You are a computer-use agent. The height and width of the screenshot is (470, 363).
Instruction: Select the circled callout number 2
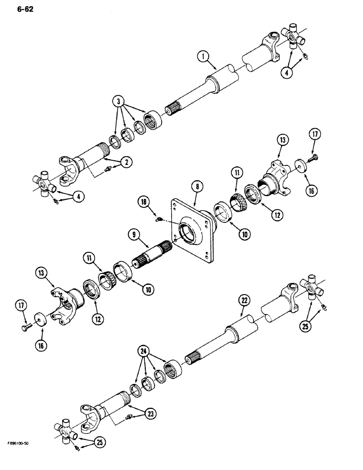pos(126,162)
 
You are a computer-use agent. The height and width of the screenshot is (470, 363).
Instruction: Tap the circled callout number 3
pos(119,102)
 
